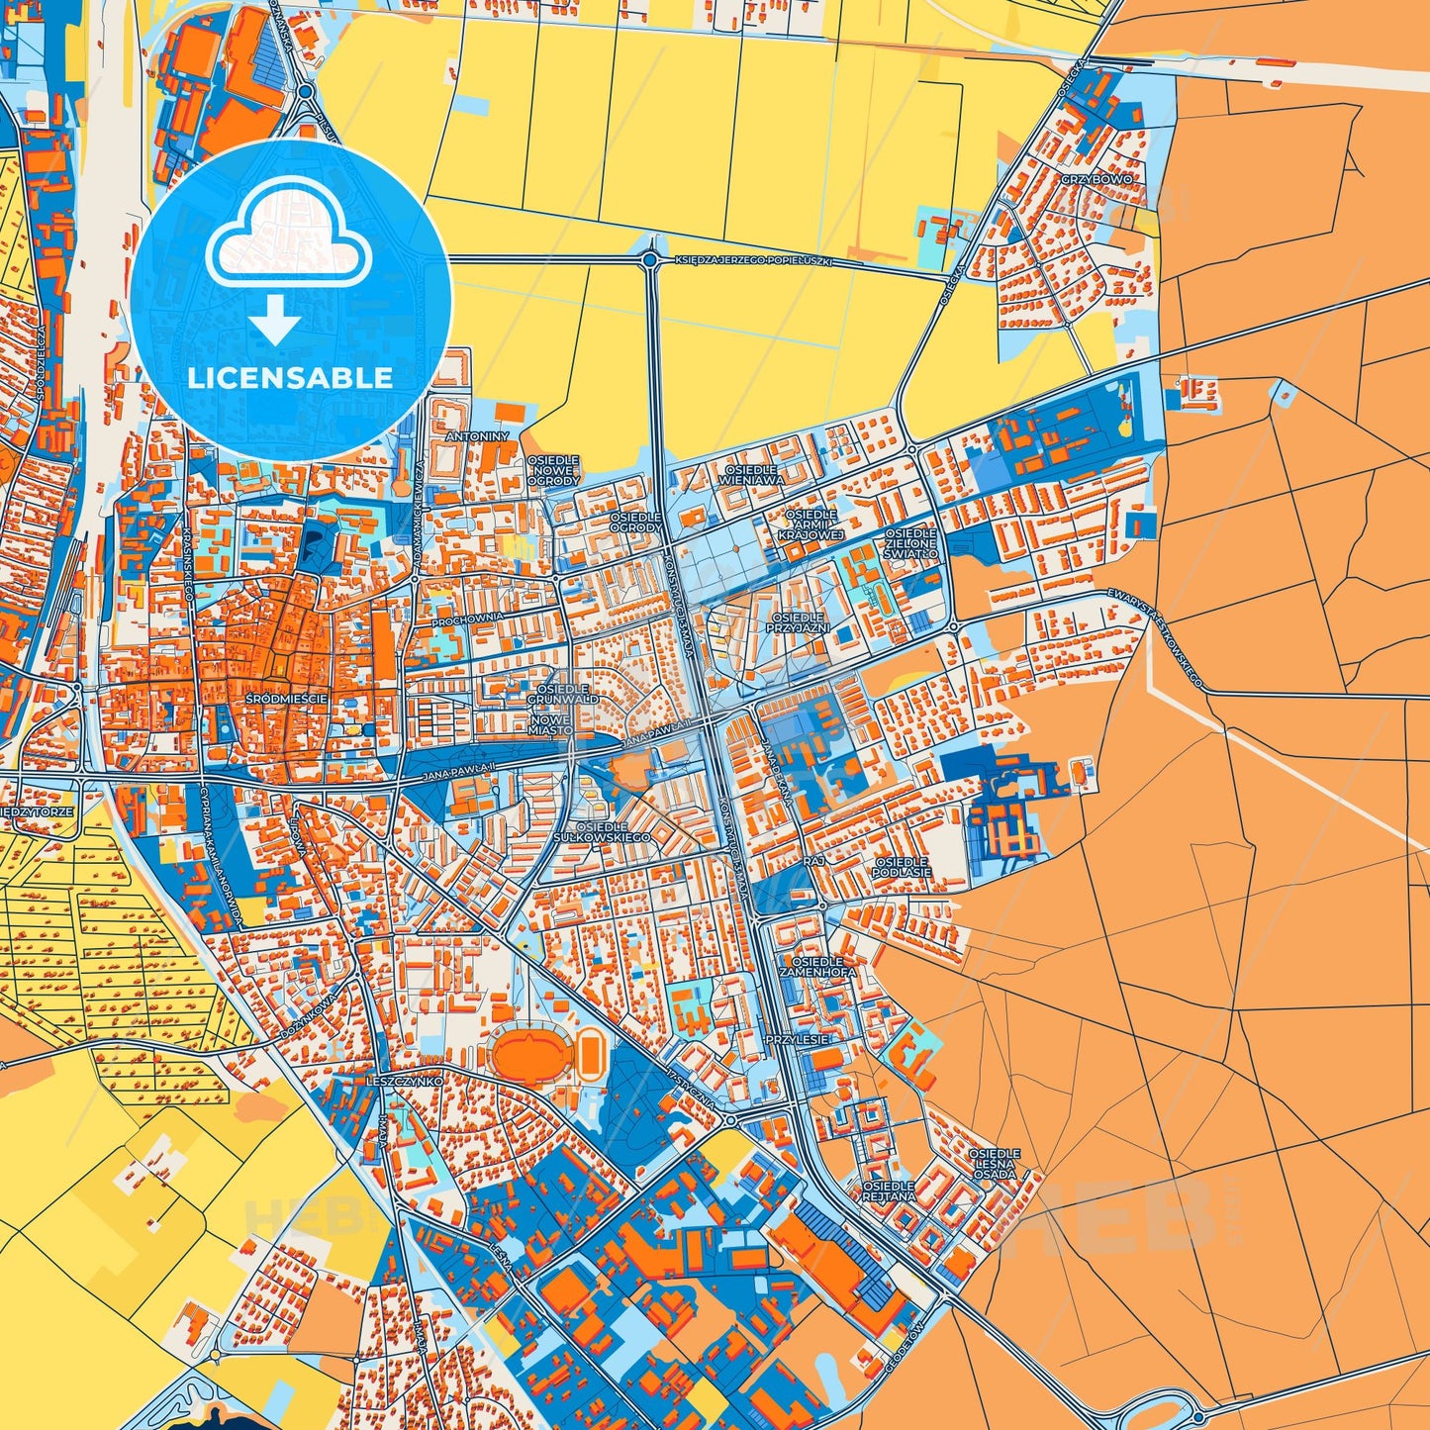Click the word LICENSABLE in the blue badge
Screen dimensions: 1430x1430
click(290, 378)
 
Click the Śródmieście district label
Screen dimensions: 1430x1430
click(287, 699)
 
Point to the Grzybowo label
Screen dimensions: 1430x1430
click(1096, 179)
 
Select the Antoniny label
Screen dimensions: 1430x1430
click(477, 435)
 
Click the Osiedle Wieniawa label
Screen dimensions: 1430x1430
click(754, 475)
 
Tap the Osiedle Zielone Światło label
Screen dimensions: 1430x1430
click(910, 543)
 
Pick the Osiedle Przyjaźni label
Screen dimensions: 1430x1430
click(798, 622)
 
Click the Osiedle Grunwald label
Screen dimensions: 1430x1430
click(563, 693)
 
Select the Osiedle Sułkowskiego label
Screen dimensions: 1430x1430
click(615, 831)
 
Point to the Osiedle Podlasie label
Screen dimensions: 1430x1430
click(902, 867)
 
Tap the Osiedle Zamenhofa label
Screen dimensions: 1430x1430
click(817, 966)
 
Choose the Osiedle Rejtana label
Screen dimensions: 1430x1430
click(888, 1191)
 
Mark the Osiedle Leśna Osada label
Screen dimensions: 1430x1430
click(994, 1164)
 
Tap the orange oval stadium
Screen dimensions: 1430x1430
click(525, 1056)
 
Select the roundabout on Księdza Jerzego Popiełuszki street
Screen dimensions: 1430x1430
click(649, 260)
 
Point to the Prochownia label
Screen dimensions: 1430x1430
click(468, 618)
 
